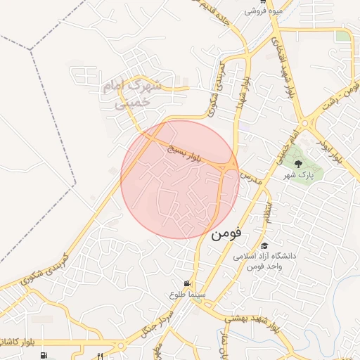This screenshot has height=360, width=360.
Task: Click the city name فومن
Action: [x=226, y=233]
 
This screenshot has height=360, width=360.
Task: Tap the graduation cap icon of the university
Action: [x=264, y=245]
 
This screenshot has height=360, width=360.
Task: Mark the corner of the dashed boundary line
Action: [x=31, y=49]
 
